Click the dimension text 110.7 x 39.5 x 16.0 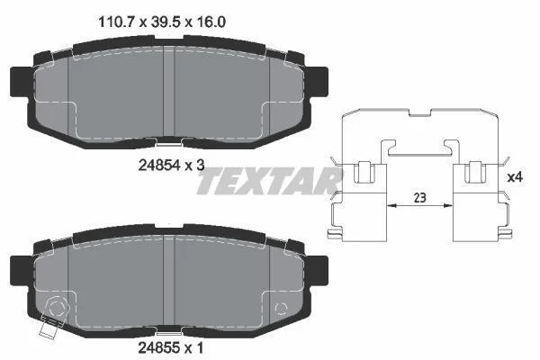tap(162, 22)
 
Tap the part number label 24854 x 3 tap(171, 166)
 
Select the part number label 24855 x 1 tap(170, 348)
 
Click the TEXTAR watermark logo tap(268, 181)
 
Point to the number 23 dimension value tap(419, 198)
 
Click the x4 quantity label tap(515, 177)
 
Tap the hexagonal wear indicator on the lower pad tap(57, 308)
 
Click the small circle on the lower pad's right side tap(281, 309)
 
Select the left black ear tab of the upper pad tap(20, 82)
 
